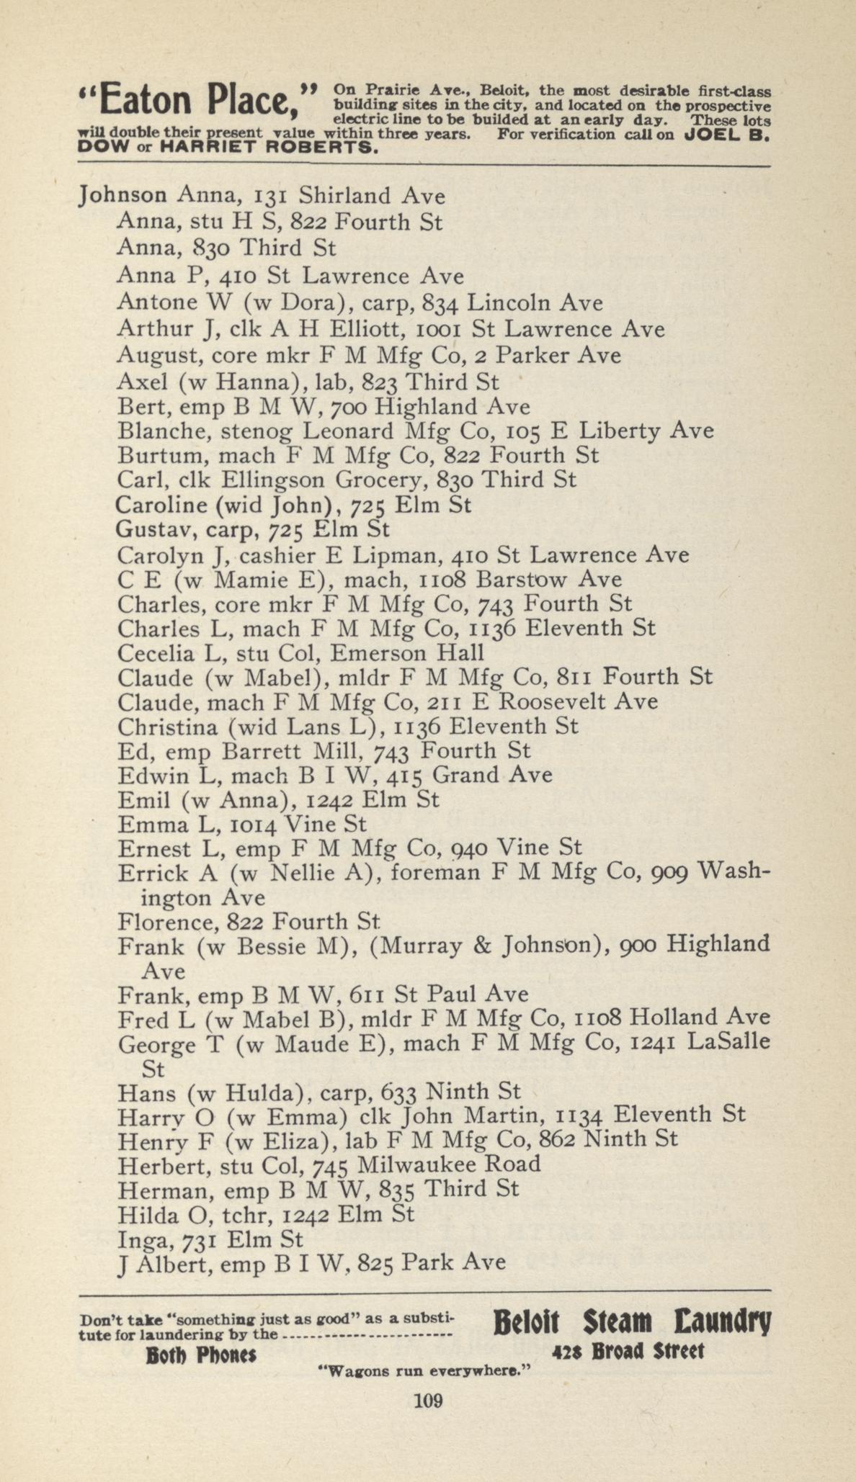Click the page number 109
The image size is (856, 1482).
427,1401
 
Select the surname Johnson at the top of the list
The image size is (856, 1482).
123,195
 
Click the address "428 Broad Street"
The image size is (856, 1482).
627,1351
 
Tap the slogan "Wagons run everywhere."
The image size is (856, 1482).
424,1371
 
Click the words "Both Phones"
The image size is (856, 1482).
201,1355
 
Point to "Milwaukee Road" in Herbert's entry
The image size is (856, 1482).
448,1164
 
